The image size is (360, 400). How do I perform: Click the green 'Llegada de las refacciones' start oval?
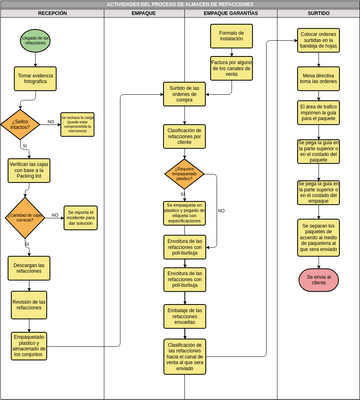click(x=33, y=42)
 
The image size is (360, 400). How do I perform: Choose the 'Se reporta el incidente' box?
click(x=82, y=215)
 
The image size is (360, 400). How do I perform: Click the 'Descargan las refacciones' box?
click(x=29, y=267)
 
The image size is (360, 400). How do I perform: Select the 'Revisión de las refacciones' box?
click(x=29, y=304)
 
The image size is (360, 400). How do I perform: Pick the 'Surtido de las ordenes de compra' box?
click(x=183, y=95)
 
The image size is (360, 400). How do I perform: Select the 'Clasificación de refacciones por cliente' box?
click(x=184, y=136)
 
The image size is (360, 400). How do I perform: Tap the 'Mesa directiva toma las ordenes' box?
click(x=318, y=77)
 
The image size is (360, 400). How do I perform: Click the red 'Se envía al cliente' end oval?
click(x=318, y=279)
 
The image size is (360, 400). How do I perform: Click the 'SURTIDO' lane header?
click(x=318, y=14)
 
